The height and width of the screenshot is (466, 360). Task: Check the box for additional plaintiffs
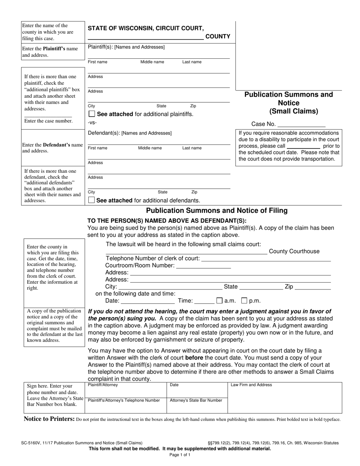[91, 114]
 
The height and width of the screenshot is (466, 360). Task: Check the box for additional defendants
[91, 200]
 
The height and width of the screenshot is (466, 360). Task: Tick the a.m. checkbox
[219, 301]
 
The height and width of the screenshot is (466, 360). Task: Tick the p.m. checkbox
[244, 301]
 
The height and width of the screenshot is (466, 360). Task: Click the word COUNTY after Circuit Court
[218, 36]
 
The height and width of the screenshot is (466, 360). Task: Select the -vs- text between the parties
[92, 123]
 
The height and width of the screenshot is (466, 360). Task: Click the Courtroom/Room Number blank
[203, 266]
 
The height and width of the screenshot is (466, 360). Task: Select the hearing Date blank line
[147, 301]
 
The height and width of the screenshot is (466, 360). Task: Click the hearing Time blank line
[205, 301]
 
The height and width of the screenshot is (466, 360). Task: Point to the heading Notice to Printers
[49, 419]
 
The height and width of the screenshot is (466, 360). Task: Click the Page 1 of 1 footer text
[180, 455]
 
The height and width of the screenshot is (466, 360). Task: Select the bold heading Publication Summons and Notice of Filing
[217, 211]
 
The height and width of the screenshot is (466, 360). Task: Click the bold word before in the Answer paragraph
[194, 357]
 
